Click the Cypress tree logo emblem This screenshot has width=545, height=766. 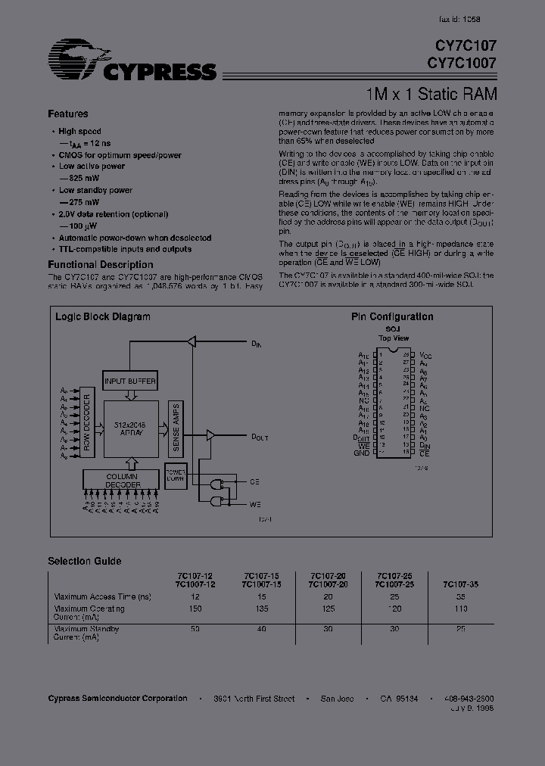coord(76,58)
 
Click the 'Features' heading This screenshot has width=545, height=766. coord(68,114)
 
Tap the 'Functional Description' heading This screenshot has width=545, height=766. coord(101,265)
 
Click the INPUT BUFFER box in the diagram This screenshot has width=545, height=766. coord(130,381)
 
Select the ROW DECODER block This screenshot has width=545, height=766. coord(87,427)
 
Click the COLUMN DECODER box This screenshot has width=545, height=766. coord(123,478)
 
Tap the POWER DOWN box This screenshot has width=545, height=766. coord(176,476)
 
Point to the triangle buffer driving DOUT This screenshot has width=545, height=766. coord(210,435)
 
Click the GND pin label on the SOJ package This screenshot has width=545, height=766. coord(362,453)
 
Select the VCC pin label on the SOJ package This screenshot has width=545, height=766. coord(425,354)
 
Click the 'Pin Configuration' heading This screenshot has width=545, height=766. coord(392,317)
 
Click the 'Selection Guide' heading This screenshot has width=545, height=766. coord(85,561)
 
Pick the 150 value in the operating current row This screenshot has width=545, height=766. coord(195,609)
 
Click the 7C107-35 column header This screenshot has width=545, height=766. coord(462,584)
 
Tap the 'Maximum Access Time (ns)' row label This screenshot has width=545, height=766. coord(103,597)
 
